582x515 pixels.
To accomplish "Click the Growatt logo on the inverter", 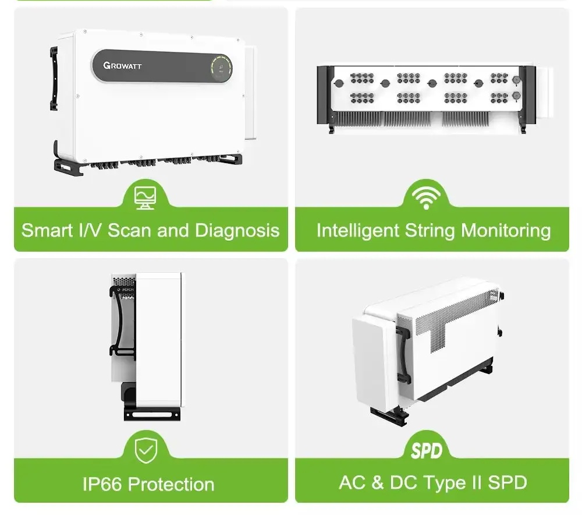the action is [x=122, y=66].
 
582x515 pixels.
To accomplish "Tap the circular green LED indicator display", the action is [x=221, y=68].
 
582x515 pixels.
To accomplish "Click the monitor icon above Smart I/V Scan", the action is [x=145, y=197].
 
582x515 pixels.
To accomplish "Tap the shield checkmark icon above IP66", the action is [x=146, y=450].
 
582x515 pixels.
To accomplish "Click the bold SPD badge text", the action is [x=427, y=451].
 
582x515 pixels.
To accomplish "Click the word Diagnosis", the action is [x=237, y=230].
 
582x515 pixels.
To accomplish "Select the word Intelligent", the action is [x=357, y=230].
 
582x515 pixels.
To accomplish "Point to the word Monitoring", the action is [x=506, y=231].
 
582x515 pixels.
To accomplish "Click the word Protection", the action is [x=171, y=484].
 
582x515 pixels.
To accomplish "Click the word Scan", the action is [x=130, y=230].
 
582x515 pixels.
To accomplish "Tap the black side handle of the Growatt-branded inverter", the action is [x=54, y=79].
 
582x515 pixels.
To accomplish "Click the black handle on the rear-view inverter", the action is [x=403, y=355].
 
